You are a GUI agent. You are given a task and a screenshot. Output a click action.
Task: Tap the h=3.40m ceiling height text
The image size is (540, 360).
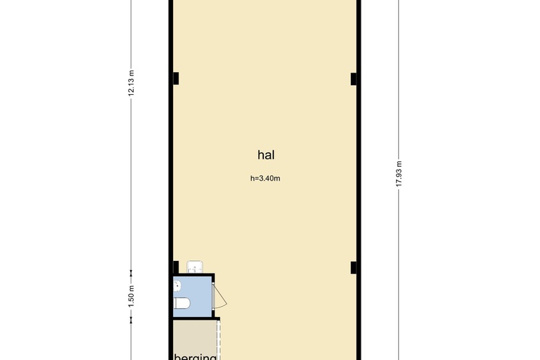(264, 179)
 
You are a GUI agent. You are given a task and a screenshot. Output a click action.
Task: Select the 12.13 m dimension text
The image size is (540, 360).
(131, 84)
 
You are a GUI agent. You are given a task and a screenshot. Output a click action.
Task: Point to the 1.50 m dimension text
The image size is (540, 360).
(131, 296)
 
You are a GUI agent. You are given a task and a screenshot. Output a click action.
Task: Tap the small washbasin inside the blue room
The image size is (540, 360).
(177, 284)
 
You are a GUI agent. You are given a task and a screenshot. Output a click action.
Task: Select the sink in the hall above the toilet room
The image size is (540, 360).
(195, 266)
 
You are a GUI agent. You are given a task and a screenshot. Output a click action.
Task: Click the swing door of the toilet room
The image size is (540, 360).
(219, 296)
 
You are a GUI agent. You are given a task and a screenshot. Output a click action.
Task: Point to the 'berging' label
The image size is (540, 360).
(195, 357)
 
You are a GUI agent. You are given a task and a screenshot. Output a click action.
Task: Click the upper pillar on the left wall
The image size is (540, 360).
(175, 79)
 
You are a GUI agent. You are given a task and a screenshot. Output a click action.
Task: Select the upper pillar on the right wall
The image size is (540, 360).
(354, 79)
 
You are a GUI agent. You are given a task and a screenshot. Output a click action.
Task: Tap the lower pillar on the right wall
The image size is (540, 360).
(354, 267)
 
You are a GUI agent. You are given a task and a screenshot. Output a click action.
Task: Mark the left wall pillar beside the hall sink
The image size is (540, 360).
(175, 267)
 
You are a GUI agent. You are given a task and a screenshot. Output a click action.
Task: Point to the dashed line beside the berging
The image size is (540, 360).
(219, 339)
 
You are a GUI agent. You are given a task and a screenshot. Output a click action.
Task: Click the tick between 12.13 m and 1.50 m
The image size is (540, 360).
(131, 272)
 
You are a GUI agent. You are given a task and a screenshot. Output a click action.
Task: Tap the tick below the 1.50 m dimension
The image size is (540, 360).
(131, 319)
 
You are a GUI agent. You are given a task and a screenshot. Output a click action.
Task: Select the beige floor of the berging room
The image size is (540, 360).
(194, 336)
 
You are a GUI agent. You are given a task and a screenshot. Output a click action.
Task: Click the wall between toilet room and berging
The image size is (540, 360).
(194, 318)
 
